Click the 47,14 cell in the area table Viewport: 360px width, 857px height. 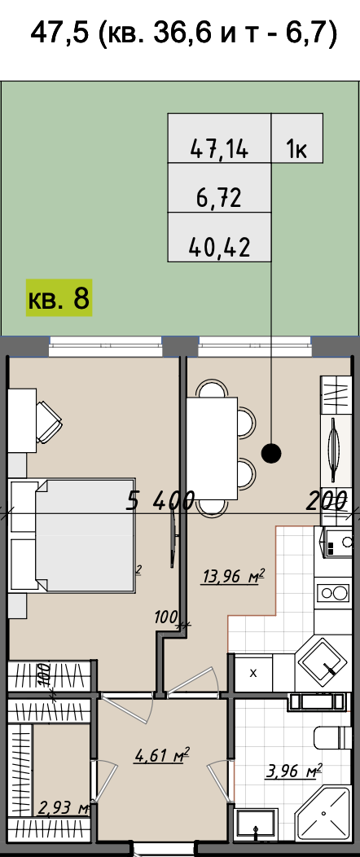(x=220, y=138)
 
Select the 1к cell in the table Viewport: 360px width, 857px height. (x=297, y=138)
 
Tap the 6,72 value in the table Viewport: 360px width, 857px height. (x=220, y=188)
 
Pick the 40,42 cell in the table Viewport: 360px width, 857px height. (x=220, y=237)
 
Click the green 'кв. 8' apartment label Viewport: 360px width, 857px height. (x=59, y=298)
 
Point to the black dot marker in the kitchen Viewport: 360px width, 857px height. (x=271, y=452)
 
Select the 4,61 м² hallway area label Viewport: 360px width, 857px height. (x=162, y=756)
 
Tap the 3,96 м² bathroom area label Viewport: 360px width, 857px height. (x=293, y=771)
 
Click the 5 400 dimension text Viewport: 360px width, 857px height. (x=160, y=500)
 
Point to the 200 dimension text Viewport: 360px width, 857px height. (x=327, y=500)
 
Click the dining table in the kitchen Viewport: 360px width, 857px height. (x=212, y=449)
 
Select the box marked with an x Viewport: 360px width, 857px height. (x=253, y=673)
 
